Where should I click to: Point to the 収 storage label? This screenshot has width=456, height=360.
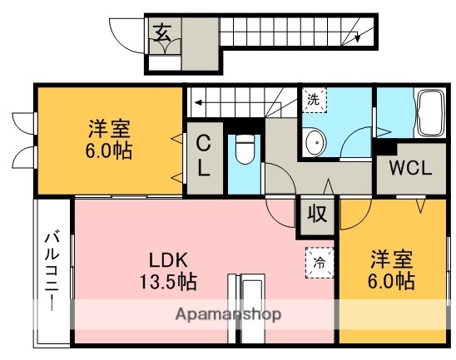319,215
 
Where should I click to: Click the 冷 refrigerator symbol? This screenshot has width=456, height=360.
319,261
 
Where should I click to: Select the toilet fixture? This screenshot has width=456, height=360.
245,150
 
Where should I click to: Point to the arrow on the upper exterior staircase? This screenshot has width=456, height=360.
359,36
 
